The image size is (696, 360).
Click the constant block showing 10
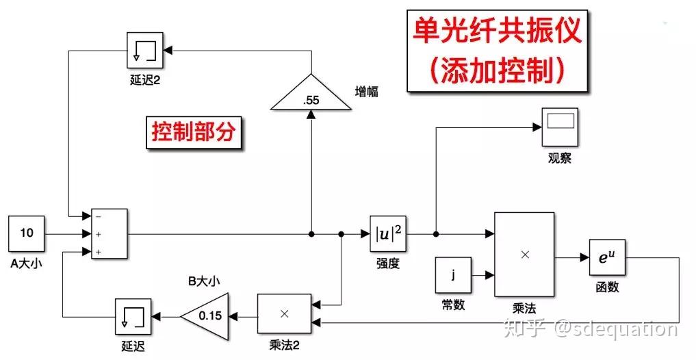point(27,233)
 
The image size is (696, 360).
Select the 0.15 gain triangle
point(206,316)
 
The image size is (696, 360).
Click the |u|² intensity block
point(387,234)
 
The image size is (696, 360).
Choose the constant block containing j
point(452,276)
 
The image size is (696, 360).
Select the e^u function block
point(607,258)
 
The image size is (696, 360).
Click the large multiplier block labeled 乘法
point(524,254)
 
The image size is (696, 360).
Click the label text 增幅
point(368,91)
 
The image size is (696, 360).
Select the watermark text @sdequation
point(615,329)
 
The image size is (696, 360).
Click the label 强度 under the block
point(387,263)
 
